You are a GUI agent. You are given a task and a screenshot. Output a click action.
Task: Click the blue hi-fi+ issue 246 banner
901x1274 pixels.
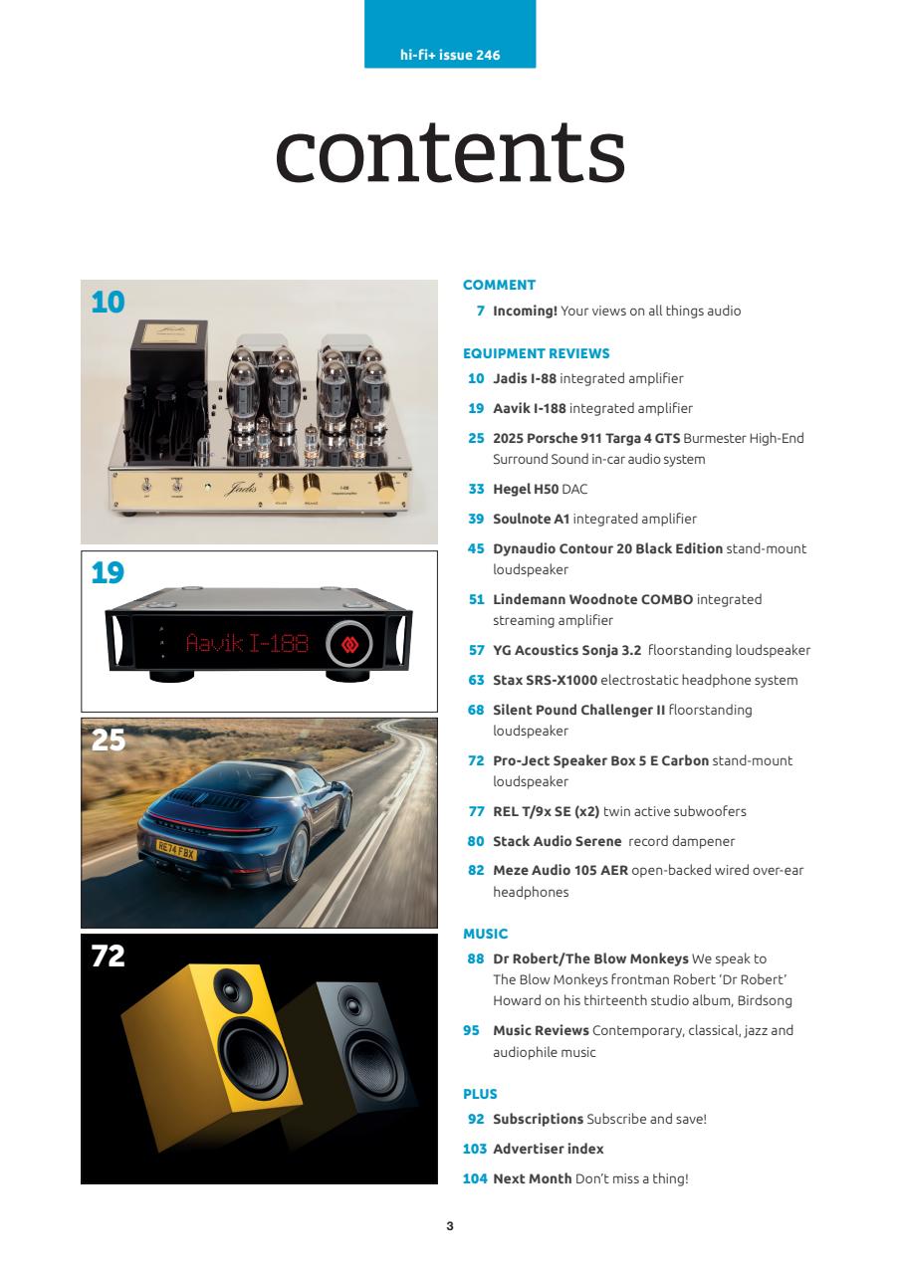click(x=450, y=55)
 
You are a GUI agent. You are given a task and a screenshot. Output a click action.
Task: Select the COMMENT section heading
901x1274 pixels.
click(x=499, y=285)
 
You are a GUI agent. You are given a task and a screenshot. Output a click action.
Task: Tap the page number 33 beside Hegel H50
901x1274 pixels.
click(x=476, y=489)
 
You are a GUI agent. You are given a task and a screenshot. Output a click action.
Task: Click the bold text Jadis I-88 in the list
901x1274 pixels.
click(x=525, y=378)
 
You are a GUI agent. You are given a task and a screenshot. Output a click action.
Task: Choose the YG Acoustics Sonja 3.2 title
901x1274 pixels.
click(x=566, y=650)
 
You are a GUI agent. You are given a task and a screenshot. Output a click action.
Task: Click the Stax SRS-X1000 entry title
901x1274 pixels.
click(x=545, y=680)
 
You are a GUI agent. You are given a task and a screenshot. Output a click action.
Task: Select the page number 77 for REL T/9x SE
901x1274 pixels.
click(x=476, y=811)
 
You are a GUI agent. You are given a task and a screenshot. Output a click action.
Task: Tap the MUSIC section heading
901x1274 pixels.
click(x=485, y=934)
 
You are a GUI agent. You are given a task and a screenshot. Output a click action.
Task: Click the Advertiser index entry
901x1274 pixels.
click(x=548, y=1149)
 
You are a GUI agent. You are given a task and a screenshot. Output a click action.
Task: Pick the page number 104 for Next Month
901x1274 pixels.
click(x=475, y=1178)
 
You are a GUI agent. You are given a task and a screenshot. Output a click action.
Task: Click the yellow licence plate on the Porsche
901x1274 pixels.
click(x=177, y=851)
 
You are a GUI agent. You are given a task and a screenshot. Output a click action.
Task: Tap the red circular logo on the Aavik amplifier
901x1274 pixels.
click(x=348, y=643)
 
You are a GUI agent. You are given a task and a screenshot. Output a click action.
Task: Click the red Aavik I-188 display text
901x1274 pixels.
click(x=246, y=643)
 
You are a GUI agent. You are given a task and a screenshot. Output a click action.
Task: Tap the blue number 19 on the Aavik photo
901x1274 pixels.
click(x=108, y=573)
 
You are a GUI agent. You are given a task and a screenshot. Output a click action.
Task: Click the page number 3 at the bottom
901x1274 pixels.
click(x=450, y=1226)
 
